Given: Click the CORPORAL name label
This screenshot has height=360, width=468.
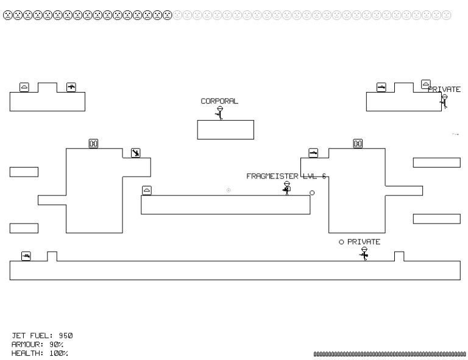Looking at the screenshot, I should (219, 101).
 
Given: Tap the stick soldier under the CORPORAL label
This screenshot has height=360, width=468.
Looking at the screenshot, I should (220, 113).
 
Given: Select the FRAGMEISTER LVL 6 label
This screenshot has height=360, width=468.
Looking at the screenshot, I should (286, 176).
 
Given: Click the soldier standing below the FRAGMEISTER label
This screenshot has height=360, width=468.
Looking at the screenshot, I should (286, 188).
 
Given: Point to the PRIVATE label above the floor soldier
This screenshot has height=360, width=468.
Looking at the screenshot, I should (364, 242).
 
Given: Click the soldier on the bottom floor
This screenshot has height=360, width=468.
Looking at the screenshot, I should (364, 253).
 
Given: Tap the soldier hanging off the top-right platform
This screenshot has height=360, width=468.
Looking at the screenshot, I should (444, 101).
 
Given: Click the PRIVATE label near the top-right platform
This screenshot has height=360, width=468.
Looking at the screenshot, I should (444, 90).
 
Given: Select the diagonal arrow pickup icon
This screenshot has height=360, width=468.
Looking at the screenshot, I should (135, 152).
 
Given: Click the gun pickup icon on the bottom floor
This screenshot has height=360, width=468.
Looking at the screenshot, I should (26, 256).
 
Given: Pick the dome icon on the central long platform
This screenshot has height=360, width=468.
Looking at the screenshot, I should (146, 191).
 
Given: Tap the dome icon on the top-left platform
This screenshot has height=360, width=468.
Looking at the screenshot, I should (24, 87).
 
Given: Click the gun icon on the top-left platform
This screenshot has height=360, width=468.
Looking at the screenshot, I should (71, 87).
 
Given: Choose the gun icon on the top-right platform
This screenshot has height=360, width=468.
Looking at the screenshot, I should (381, 87).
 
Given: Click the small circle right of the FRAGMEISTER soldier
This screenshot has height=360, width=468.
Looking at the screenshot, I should (312, 193).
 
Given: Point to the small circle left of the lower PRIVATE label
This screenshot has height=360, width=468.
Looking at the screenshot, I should (342, 242).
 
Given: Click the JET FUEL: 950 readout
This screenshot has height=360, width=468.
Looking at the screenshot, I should (43, 336).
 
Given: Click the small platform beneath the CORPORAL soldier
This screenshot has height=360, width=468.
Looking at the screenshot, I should (225, 130).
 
